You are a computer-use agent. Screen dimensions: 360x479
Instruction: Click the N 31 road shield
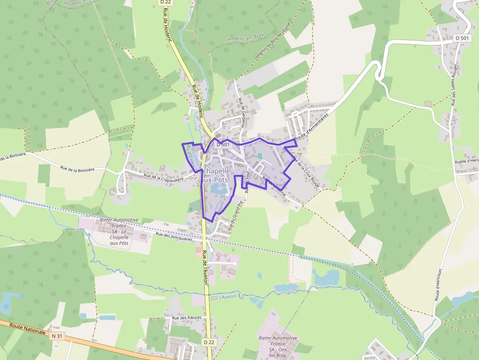point(57,336)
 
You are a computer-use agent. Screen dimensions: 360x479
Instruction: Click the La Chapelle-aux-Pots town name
point(214,175)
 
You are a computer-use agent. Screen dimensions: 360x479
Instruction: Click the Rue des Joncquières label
point(174,235)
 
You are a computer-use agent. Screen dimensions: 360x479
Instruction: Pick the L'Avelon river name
point(227,296)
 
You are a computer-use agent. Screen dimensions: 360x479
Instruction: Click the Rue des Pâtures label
point(186,318)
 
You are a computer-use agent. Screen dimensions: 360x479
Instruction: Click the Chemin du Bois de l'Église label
point(272,43)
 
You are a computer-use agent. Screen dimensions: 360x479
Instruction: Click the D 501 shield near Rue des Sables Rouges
point(461,38)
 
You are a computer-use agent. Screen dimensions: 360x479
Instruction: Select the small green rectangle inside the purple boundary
point(261,156)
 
